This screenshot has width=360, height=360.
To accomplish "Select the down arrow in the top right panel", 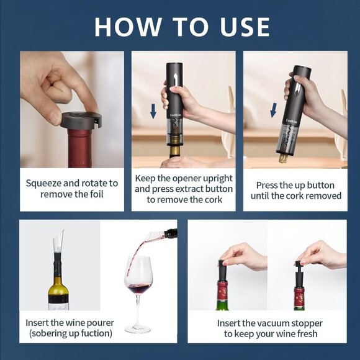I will pos(273,110).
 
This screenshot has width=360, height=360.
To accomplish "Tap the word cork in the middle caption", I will pos(210,199).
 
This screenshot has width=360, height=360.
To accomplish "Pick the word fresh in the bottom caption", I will pos(304,334).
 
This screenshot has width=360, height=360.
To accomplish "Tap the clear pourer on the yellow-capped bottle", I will pos(58,244).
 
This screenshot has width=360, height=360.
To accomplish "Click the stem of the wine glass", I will pos(138,313).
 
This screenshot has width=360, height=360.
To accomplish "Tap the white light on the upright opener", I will pos(174,78).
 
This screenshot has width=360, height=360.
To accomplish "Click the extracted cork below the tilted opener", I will pos(283,158).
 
